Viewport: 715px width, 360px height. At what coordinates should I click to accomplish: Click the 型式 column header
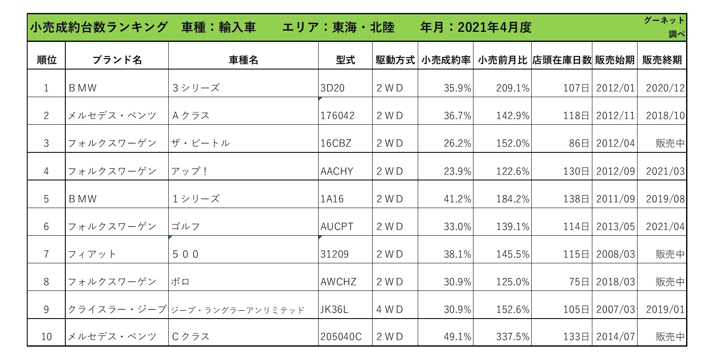click(345, 60)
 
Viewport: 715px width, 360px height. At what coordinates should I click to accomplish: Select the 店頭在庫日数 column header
click(562, 60)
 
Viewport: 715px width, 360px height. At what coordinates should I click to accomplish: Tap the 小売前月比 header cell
click(502, 60)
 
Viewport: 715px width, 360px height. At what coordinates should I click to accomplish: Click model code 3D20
click(332, 88)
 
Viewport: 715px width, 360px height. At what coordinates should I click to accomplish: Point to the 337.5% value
click(513, 337)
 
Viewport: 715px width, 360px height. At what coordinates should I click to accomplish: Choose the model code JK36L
click(334, 309)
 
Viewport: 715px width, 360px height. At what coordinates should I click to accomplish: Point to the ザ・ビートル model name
click(201, 143)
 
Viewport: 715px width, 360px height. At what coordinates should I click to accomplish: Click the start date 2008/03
click(615, 254)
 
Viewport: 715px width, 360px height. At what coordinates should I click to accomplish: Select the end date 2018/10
click(665, 115)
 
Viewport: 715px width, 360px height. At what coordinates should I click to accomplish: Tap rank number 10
click(46, 337)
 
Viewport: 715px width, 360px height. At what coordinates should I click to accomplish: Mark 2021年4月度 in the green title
click(494, 27)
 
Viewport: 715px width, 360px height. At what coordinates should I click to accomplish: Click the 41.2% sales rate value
click(458, 199)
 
